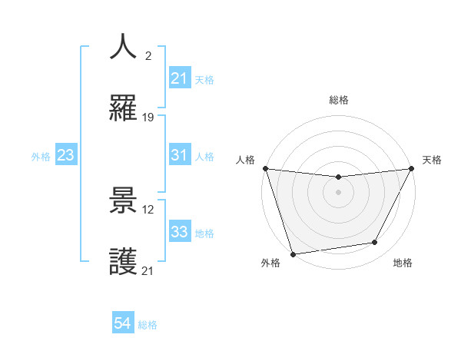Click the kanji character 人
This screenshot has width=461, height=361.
(124, 47)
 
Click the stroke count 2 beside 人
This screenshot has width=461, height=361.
(147, 55)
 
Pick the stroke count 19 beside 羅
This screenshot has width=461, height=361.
(148, 118)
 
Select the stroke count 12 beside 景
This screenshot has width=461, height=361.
(148, 209)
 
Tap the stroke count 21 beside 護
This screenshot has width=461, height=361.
(148, 270)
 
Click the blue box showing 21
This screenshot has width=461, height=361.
(179, 78)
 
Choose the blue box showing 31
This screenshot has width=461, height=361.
(179, 155)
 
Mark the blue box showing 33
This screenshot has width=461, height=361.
(179, 232)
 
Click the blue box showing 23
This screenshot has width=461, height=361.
(65, 155)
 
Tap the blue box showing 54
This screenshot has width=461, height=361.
(122, 324)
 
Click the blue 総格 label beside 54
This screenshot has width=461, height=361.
(148, 325)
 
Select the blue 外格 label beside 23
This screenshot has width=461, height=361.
(41, 156)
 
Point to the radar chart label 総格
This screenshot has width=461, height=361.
(339, 100)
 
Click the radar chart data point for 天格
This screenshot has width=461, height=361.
(412, 169)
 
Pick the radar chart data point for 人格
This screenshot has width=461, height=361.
(265, 168)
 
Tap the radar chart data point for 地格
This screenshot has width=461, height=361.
(375, 243)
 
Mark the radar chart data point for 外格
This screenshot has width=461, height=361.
(293, 253)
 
